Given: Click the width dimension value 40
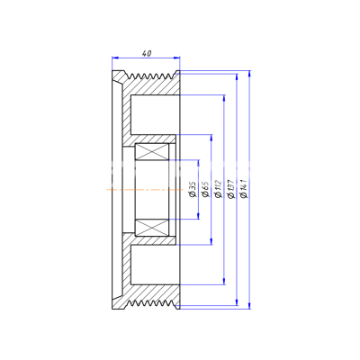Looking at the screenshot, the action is (147, 53).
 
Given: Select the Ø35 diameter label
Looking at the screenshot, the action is (193, 189).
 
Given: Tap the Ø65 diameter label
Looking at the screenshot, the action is (205, 189).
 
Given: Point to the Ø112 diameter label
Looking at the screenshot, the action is (219, 189).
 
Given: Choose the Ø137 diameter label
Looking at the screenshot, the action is (231, 189).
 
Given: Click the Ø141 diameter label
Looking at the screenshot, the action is (244, 189).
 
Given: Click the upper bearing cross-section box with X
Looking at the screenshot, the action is (151, 151).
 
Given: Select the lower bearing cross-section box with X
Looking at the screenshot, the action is (151, 227).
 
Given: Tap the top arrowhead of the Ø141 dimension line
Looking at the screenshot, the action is (249, 74).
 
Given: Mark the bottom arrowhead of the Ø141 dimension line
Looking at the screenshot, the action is (249, 305).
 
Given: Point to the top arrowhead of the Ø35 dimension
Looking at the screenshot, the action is (198, 163).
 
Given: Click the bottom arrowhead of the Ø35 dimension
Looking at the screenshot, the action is (198, 216).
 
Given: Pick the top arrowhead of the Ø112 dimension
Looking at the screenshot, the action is (224, 98).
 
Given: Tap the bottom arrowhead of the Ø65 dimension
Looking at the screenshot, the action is (211, 241).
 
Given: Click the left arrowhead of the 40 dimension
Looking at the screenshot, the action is (115, 58).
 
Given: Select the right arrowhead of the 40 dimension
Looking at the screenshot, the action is (176, 58).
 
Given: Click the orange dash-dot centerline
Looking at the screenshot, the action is (145, 190).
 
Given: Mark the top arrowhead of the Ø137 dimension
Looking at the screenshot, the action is (237, 77).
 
